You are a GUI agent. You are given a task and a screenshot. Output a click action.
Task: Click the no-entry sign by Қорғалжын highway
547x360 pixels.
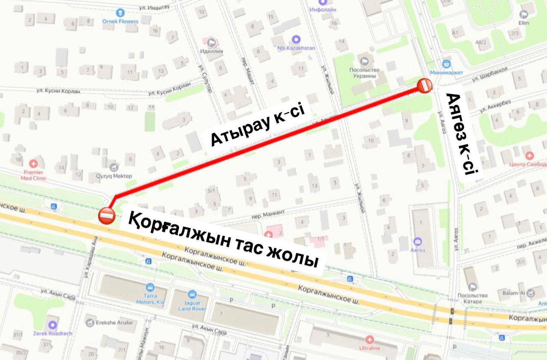(x=106, y=215)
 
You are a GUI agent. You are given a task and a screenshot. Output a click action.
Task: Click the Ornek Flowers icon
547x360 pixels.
(x=120, y=13)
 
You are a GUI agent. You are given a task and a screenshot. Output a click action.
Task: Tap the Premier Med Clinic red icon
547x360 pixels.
(x=34, y=164)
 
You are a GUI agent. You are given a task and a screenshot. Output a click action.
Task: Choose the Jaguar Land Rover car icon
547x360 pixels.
(x=192, y=294)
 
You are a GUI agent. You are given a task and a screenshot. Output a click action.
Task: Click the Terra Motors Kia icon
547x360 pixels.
(x=150, y=288)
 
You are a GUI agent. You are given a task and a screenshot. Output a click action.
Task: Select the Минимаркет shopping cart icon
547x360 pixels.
(x=447, y=64)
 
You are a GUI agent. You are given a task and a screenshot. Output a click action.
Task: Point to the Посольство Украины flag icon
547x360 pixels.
(x=364, y=61)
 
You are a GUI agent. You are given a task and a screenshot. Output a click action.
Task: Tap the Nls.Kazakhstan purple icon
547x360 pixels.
(x=296, y=39)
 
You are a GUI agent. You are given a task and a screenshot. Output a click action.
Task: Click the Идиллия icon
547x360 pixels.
(x=212, y=43)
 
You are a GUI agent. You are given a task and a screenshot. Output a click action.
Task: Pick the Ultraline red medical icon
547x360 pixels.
(x=370, y=340)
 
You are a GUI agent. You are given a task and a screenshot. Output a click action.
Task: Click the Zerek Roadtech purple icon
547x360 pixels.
(x=53, y=325)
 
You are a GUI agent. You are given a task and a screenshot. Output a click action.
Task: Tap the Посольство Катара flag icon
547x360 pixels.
(x=472, y=287)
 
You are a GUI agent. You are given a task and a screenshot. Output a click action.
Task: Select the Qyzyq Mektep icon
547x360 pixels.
(x=114, y=167)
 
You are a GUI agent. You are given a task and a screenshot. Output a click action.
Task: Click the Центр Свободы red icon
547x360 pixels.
(x=529, y=155)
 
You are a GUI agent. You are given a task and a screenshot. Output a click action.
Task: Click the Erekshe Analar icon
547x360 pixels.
(x=90, y=323)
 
